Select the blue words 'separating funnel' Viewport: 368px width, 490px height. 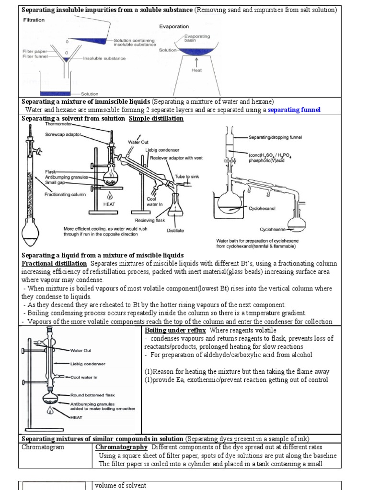coord(294,110)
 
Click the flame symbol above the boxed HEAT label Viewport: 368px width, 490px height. coord(111,195)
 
